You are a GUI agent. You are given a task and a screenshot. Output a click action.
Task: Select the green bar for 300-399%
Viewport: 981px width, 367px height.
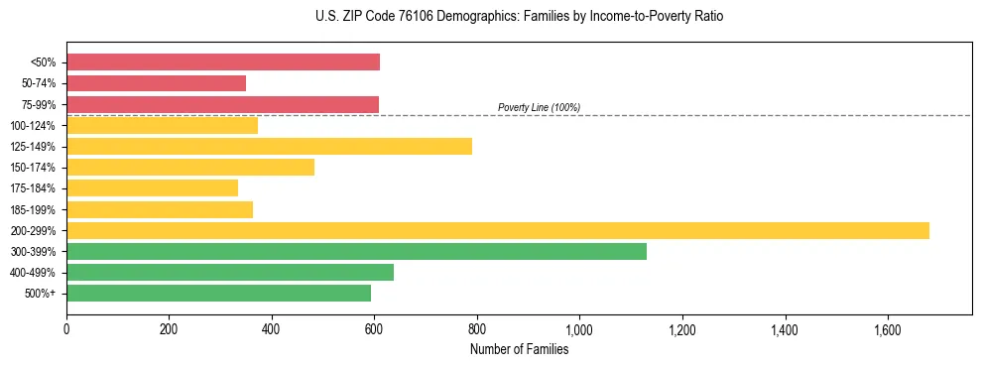point(356,251)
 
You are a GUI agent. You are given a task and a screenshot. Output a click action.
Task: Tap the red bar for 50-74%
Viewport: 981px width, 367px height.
point(157,83)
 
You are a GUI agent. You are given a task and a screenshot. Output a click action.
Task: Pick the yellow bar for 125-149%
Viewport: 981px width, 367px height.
point(269,147)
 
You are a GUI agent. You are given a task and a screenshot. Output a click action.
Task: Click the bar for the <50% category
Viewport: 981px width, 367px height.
point(223,62)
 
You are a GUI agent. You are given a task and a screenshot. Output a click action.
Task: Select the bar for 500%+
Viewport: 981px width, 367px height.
point(218,293)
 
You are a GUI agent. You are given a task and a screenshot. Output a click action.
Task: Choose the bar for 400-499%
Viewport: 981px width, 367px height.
point(230,272)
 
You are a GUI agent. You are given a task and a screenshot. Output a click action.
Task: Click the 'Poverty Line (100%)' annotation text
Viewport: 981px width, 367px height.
point(539,107)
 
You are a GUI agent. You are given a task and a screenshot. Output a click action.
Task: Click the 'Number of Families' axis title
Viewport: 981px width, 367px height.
point(519,349)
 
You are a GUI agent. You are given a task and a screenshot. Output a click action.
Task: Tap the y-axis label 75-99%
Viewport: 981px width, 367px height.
point(39,105)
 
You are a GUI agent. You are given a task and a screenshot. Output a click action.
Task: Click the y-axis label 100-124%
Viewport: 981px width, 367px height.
point(34,126)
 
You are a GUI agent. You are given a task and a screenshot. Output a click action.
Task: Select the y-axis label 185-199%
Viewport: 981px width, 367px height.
point(34,210)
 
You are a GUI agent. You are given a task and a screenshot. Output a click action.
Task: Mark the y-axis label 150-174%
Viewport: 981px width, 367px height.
point(34,168)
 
